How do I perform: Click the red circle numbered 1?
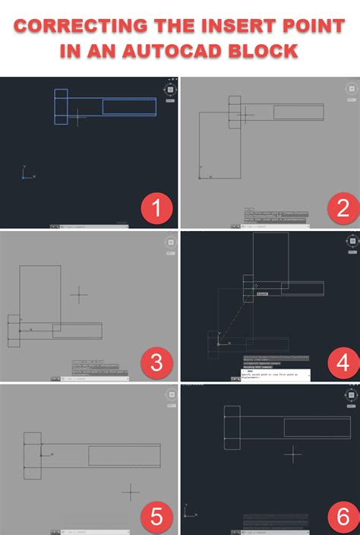pyautogui.click(x=157, y=207)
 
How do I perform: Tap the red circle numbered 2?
pyautogui.click(x=343, y=207)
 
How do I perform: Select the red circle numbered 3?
pyautogui.click(x=157, y=362)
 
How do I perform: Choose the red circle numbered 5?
pyautogui.click(x=157, y=517)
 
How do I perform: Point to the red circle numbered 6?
pyautogui.click(x=343, y=517)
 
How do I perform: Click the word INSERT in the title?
pyautogui.click(x=229, y=27)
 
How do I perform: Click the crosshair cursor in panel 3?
pyautogui.click(x=79, y=294)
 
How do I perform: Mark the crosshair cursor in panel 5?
pyautogui.click(x=131, y=492)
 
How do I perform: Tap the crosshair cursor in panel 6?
pyautogui.click(x=293, y=454)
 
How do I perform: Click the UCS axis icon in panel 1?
pyautogui.click(x=26, y=174)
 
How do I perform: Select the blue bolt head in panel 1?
pyautogui.click(x=61, y=106)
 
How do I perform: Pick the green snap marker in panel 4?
pyautogui.click(x=254, y=288)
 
